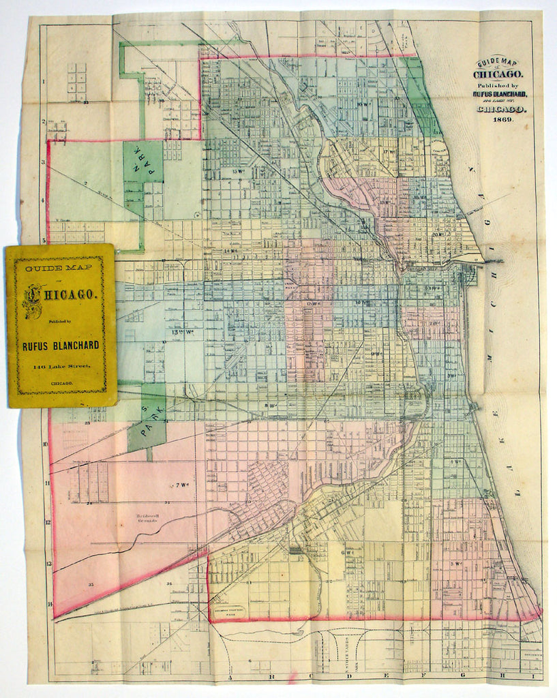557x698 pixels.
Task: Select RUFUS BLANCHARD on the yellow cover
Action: point(61,346)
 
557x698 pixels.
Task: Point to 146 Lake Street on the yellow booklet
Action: point(61,368)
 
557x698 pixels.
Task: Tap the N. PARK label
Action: point(142,162)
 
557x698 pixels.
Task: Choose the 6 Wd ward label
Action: point(348,552)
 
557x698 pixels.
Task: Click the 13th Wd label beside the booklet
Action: point(183,332)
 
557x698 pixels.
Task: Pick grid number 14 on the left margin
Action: point(48,604)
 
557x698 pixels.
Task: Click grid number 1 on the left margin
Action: point(44,82)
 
